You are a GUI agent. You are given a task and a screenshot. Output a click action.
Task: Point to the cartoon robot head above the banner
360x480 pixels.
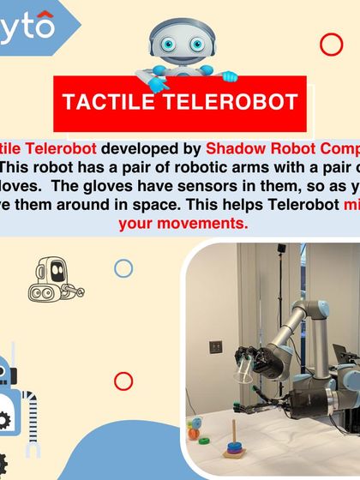[x=180, y=43]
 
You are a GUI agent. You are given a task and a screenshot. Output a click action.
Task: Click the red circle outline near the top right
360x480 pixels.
[x=331, y=45]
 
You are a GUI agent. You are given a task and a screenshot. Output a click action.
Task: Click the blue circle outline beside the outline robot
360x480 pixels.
[x=123, y=268]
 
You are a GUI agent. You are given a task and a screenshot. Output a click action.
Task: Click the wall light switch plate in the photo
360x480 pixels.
[x=216, y=347]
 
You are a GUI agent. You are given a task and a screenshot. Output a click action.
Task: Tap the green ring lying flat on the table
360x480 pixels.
[x=204, y=439]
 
